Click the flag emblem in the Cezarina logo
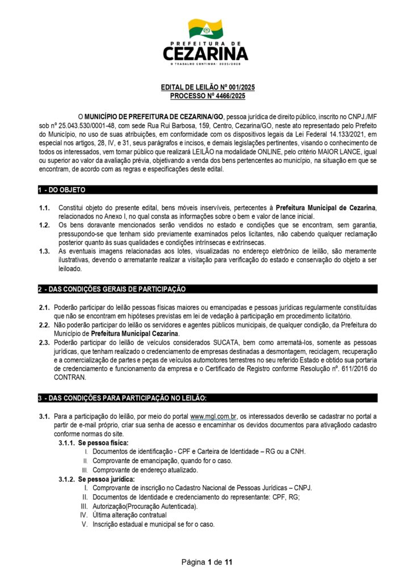pos(205,28)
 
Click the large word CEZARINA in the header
pos(205,53)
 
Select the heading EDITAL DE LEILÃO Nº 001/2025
pos(205,87)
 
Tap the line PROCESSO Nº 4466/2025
pos(205,96)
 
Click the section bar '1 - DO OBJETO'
pos(62,190)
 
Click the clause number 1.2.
pos(44,225)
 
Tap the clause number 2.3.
pos(44,343)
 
